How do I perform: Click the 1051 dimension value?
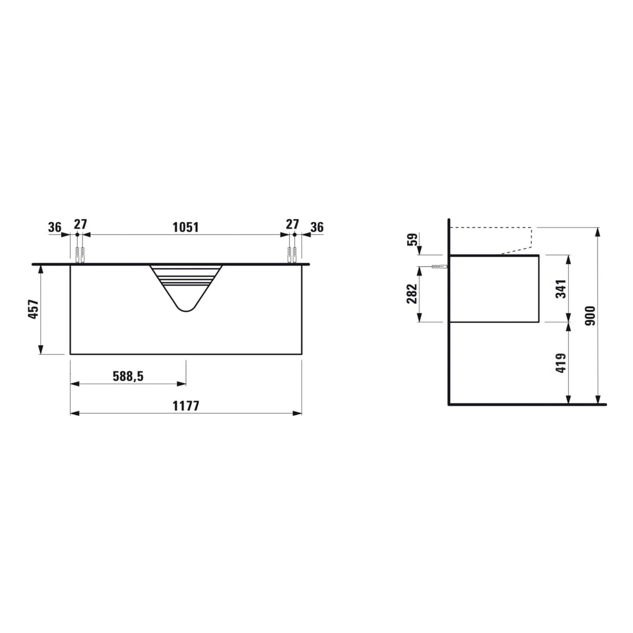point(185,227)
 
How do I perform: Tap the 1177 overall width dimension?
point(186,406)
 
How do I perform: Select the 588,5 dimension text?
point(128,376)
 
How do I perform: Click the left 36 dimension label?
point(55,227)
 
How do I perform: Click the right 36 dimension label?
point(317,227)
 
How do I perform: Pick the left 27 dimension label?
point(80,224)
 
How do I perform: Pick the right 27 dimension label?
point(292,224)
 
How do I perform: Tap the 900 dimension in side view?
point(591,315)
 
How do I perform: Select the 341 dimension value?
point(561,289)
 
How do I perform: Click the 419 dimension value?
point(561,363)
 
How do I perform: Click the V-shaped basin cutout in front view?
point(186,285)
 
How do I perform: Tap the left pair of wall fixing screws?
point(80,255)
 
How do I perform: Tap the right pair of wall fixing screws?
point(292,255)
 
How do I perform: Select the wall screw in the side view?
point(439,267)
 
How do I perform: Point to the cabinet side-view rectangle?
point(494,288)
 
